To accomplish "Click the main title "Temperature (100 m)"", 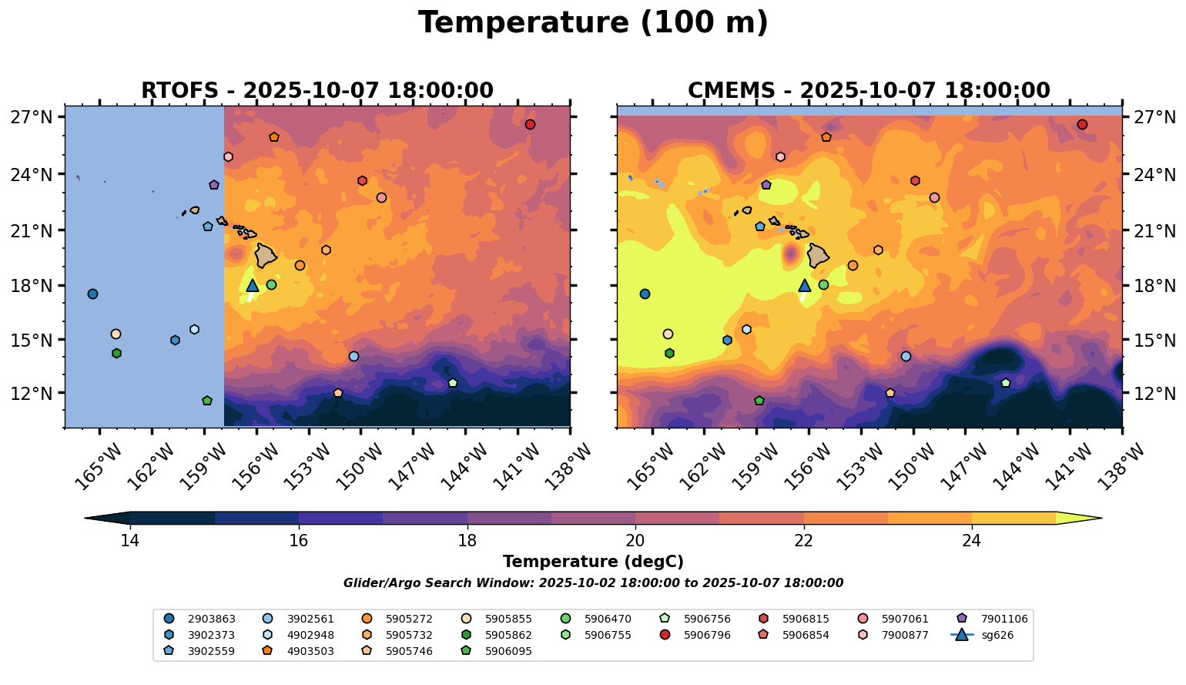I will pyautogui.click(x=593, y=23).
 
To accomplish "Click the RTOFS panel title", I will pyautogui.click(x=317, y=91).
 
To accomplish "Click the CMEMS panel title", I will pyautogui.click(x=869, y=91).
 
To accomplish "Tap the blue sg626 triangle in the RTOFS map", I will pyautogui.click(x=253, y=286).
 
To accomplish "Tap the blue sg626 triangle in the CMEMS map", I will pyautogui.click(x=805, y=286).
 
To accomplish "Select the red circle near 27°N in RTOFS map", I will pyautogui.click(x=530, y=125).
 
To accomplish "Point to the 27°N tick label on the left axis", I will pyautogui.click(x=32, y=118).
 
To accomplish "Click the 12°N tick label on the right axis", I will pyautogui.click(x=1155, y=394).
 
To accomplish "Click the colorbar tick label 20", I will pyautogui.click(x=635, y=540).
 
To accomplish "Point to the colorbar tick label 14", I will pyautogui.click(x=129, y=540).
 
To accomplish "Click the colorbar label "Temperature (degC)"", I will pyautogui.click(x=593, y=562).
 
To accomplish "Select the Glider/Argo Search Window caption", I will pyautogui.click(x=593, y=583).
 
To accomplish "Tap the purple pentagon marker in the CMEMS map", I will pyautogui.click(x=766, y=185).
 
